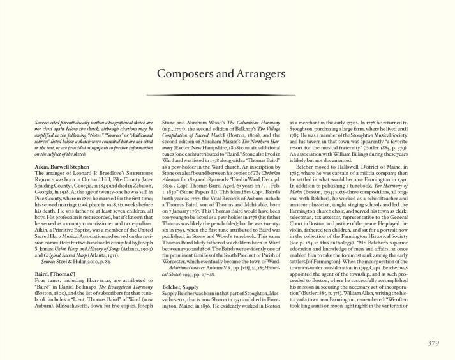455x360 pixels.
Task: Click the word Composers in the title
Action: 185,75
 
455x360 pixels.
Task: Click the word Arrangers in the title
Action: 260,75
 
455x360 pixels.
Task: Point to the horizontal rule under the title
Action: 227,95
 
